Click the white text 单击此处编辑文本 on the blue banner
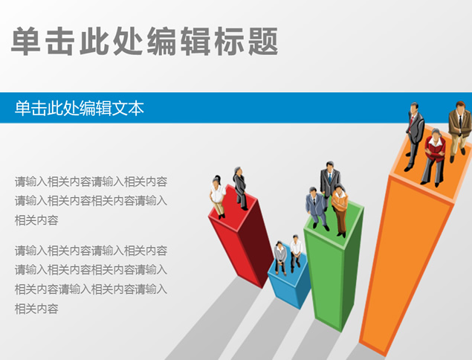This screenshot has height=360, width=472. (79, 109)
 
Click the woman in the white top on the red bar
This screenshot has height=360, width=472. (217, 196)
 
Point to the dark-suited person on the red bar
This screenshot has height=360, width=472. (240, 187)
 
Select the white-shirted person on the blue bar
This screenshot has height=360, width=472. (296, 251)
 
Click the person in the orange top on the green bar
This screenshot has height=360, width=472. (340, 209)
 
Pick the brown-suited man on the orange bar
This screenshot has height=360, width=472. (459, 130)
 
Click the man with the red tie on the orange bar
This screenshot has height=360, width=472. (414, 135)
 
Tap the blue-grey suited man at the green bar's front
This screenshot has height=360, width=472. (316, 208)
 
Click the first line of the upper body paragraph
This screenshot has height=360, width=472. (91, 181)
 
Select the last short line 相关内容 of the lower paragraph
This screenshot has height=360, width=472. (36, 308)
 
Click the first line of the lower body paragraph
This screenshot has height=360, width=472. (91, 250)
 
